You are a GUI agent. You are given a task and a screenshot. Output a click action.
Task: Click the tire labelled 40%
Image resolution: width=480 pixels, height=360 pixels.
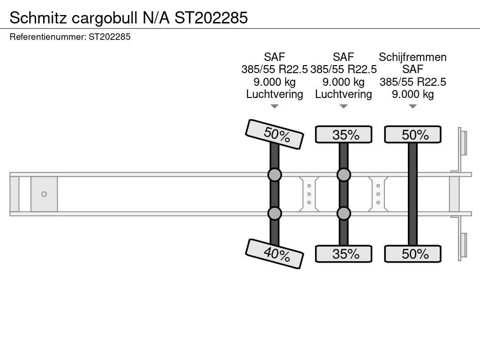(x=275, y=254)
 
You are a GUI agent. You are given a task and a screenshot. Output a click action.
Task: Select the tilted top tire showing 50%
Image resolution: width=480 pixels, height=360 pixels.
(x=275, y=134)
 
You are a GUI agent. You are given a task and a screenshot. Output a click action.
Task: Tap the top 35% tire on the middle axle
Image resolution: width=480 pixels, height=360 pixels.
(x=344, y=135)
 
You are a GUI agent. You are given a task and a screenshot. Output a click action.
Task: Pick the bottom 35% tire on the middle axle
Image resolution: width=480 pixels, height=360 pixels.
(x=344, y=254)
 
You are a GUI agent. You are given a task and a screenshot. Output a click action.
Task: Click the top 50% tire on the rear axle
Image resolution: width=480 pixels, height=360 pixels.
(x=412, y=135)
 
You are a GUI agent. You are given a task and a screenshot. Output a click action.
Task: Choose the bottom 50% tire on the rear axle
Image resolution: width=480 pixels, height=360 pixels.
(x=412, y=254)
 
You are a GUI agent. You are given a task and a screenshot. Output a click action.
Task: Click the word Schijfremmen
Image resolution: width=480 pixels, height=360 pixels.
(x=412, y=57)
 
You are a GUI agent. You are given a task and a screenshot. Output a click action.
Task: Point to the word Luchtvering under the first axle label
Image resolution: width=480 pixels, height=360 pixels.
(x=275, y=94)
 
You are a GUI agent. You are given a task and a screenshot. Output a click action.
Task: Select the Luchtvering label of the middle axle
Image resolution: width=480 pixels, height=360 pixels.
(x=344, y=94)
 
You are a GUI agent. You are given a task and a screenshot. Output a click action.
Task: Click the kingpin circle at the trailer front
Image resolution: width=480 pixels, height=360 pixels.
(x=44, y=194)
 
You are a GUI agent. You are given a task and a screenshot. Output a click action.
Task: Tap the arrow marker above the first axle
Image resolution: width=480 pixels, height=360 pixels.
(x=275, y=106)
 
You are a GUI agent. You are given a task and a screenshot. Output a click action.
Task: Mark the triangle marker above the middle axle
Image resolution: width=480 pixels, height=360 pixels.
(x=344, y=106)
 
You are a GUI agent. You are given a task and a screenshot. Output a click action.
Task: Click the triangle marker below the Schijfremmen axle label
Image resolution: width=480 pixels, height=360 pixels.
(x=412, y=106)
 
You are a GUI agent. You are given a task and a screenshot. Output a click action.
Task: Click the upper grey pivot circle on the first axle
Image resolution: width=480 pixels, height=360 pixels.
(x=275, y=175)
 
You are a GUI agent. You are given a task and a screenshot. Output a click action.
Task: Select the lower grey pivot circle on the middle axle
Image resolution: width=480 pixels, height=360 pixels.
(x=344, y=213)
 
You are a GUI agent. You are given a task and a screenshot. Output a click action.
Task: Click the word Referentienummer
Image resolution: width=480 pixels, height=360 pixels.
(x=48, y=37)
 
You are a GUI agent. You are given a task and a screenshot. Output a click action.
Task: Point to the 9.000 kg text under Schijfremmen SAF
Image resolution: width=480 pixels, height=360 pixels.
(x=412, y=94)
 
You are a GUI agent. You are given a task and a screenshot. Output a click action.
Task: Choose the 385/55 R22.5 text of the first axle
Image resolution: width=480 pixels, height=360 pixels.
(x=275, y=69)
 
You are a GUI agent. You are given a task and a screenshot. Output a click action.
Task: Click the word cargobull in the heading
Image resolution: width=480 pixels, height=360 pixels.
(x=105, y=18)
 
